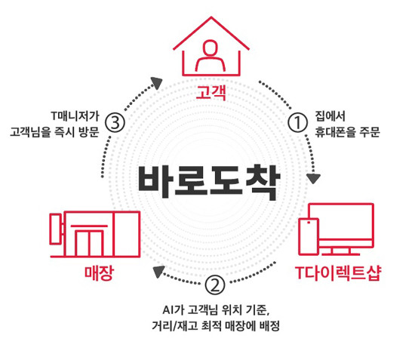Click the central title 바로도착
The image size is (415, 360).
coord(208,182)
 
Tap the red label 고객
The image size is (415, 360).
coord(211,92)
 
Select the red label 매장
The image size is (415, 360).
coord(99,273)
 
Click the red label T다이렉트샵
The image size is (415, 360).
coord(338,273)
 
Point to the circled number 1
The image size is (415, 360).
coord(297,122)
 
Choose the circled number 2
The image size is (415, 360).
coord(215,285)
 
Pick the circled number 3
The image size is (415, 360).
coord(115,123)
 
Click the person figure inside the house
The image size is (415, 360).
coord(211,56)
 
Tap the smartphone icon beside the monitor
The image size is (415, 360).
coord(309,236)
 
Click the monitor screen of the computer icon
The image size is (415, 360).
coord(341,221)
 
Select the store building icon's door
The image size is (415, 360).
coord(89,243)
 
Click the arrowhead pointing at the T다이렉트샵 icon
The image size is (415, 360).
coord(313,179)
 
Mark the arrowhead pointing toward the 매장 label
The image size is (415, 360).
coord(158,272)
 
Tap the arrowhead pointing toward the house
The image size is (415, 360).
coord(157,83)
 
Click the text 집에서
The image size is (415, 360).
coord(330,116)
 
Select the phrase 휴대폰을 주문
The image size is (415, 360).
coord(347,132)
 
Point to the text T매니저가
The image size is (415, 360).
coord(75,116)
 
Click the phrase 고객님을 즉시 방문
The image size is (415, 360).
coord(54,132)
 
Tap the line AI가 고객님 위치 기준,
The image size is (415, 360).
coord(216,310)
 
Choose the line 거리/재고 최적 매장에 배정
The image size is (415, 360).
coord(216,326)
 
